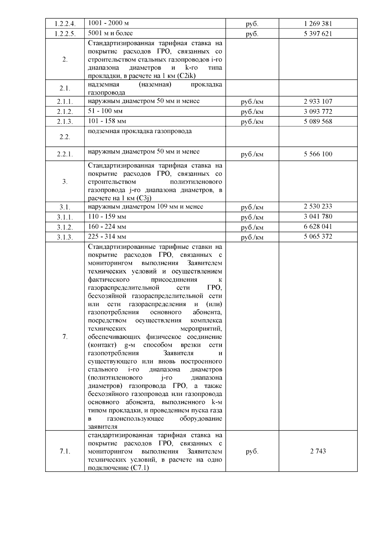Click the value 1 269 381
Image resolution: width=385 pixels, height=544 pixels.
click(318, 24)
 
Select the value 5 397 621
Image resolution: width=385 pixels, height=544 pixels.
click(318, 34)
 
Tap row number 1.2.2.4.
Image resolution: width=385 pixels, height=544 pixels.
click(65, 24)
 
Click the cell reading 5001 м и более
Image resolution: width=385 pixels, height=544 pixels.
click(110, 33)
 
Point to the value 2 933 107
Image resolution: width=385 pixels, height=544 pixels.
click(318, 102)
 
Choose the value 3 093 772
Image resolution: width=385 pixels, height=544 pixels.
click(318, 112)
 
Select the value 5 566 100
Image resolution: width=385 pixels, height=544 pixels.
click(318, 154)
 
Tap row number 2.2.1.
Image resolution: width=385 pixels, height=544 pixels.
click(65, 154)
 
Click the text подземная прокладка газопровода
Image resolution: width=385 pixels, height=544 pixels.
click(140, 131)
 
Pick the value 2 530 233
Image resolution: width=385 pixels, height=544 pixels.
click(318, 206)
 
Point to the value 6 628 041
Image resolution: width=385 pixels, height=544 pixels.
click(318, 227)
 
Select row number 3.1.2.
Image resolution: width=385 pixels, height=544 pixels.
click(65, 227)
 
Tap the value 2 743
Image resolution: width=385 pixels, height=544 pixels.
click(318, 451)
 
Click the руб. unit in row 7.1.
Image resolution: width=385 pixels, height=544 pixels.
click(252, 451)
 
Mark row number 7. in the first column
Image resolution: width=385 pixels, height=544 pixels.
click(65, 337)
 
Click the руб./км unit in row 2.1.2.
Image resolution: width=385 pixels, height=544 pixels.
click(252, 112)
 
